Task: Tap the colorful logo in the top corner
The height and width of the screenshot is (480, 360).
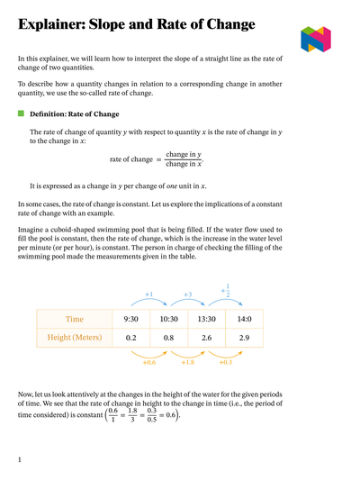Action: tap(316, 39)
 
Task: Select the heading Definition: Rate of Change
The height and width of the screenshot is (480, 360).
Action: tap(74, 114)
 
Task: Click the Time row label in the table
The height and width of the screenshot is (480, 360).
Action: tap(74, 319)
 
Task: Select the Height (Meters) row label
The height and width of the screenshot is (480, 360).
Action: tap(74, 338)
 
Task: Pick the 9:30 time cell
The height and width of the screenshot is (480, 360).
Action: tap(130, 319)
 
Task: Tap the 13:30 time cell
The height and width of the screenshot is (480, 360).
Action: tap(206, 319)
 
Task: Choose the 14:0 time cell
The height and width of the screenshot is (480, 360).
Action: tap(244, 319)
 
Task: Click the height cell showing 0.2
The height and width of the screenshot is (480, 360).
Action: tap(130, 338)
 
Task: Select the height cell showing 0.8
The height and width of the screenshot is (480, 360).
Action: tap(168, 338)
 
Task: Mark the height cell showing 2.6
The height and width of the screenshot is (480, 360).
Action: tap(206, 338)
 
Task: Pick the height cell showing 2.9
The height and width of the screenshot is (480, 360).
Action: tap(244, 338)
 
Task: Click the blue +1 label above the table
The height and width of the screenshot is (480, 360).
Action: tap(149, 294)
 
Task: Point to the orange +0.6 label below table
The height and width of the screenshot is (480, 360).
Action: tap(149, 362)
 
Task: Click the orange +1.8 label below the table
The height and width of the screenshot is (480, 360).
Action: tap(187, 362)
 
